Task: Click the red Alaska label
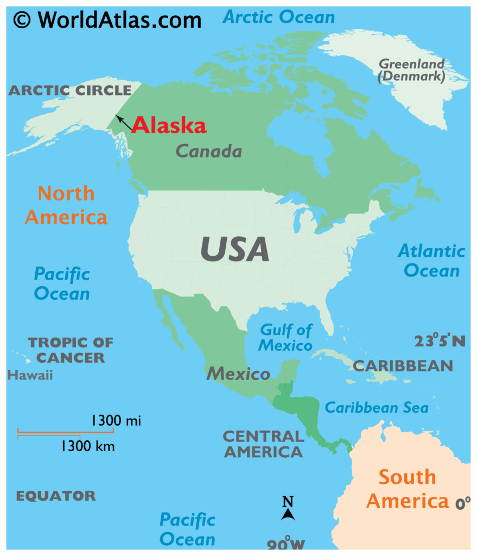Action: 169,125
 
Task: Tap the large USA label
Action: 234,249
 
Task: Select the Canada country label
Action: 209,151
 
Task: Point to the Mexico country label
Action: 238,374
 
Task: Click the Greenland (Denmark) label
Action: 411,71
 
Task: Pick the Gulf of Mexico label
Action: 285,337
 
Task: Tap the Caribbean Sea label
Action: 376,407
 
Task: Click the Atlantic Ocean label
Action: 431,261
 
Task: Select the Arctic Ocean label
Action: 279,17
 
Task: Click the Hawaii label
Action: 30,375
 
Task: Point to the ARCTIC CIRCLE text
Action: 70,90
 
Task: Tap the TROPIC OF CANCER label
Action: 71,350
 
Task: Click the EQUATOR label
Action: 55,496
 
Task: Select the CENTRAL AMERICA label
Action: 263,444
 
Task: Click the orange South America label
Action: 407,489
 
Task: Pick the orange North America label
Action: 66,205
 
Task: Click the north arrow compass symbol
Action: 288,509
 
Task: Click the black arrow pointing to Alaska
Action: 124,123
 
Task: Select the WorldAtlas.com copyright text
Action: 107,20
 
